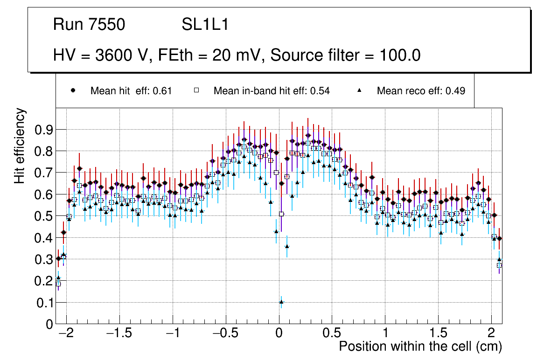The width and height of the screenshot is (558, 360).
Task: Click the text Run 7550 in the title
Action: click(x=89, y=25)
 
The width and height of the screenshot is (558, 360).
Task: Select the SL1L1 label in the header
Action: click(x=205, y=25)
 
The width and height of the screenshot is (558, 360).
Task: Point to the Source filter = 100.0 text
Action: click(x=346, y=55)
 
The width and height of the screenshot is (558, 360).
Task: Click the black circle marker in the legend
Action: click(x=73, y=90)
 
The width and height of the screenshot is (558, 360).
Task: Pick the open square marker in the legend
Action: click(x=196, y=90)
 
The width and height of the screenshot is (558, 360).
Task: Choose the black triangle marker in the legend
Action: click(x=360, y=90)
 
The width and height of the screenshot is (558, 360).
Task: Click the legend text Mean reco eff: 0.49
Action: click(x=421, y=91)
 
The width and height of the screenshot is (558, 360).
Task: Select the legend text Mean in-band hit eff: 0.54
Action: click(x=272, y=91)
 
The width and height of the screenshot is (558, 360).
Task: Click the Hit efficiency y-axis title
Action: click(x=20, y=145)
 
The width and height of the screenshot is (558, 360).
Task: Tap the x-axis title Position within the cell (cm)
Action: click(x=420, y=346)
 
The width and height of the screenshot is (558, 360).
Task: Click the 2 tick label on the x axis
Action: click(x=491, y=334)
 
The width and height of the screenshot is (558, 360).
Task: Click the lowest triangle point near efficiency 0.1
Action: click(x=281, y=302)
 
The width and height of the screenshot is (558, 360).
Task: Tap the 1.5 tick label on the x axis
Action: click(x=438, y=334)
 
